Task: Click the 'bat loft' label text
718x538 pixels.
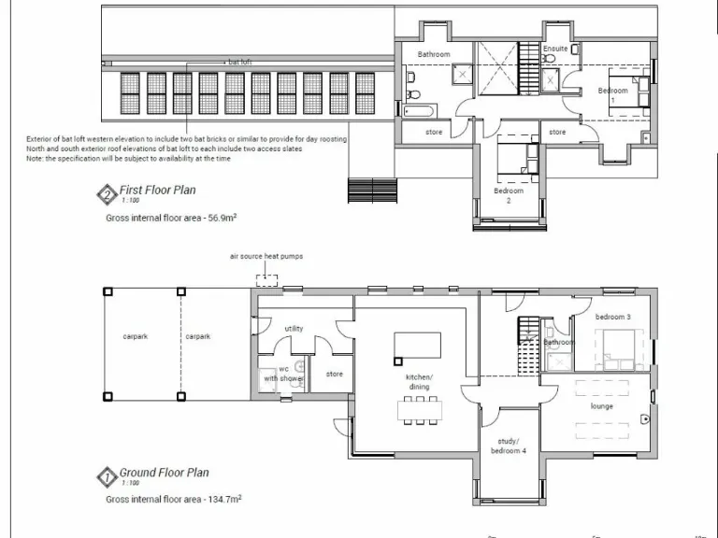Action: pyautogui.click(x=239, y=62)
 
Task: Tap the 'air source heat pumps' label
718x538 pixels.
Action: pyautogui.click(x=266, y=255)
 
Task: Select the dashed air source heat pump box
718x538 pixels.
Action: pyautogui.click(x=267, y=278)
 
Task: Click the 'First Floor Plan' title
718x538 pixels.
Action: pyautogui.click(x=157, y=190)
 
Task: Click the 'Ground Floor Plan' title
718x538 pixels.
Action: pyautogui.click(x=164, y=473)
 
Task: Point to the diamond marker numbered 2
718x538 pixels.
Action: pyautogui.click(x=107, y=195)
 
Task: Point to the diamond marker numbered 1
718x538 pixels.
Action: pyautogui.click(x=107, y=478)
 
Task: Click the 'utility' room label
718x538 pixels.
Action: pyautogui.click(x=294, y=329)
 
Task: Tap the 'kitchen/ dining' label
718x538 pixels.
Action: pyautogui.click(x=419, y=382)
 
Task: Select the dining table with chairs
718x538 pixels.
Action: pyautogui.click(x=418, y=409)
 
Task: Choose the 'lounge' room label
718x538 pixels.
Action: pyautogui.click(x=601, y=406)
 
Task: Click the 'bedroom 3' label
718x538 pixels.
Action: pyautogui.click(x=613, y=318)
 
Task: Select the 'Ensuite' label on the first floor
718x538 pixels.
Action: pyautogui.click(x=554, y=48)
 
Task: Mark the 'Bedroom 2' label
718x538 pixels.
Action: pyautogui.click(x=508, y=195)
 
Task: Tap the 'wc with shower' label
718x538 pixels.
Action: pyautogui.click(x=283, y=374)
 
